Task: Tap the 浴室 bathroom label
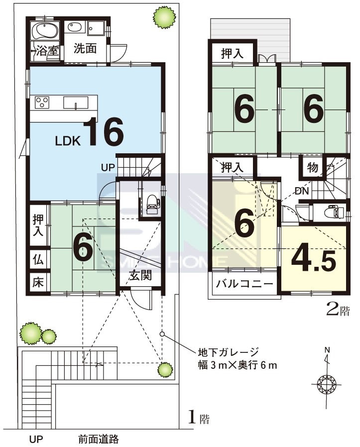[x=48, y=51]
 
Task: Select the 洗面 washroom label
[x=85, y=48]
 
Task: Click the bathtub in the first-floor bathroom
[x=45, y=31]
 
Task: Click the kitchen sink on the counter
[x=76, y=103]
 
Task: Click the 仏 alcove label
[x=38, y=259]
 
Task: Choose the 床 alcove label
[x=38, y=283]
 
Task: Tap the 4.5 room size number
[x=313, y=260]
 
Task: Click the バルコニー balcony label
[x=244, y=284]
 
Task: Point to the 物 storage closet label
[x=313, y=167]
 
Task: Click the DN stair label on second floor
[x=302, y=191]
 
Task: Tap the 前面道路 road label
[x=99, y=439]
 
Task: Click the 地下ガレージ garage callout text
[x=228, y=352]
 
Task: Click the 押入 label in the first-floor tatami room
[x=38, y=225]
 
